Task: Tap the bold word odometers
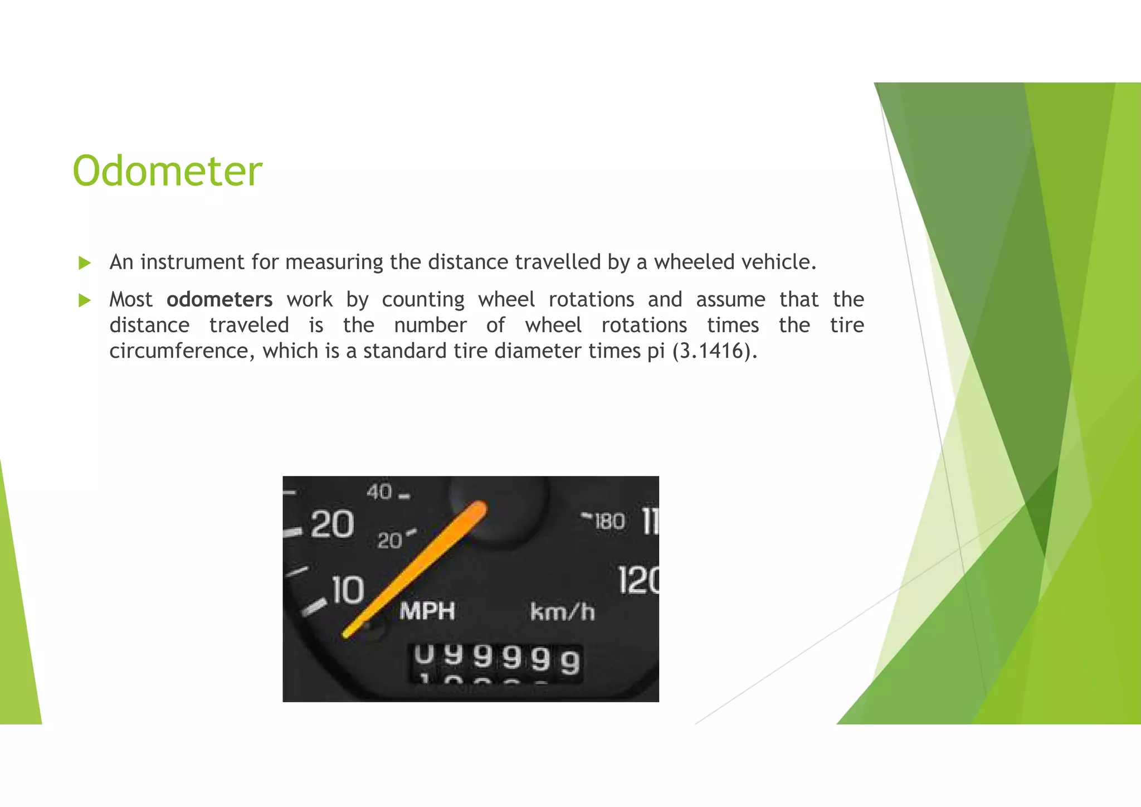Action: point(220,300)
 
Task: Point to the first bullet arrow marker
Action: point(85,262)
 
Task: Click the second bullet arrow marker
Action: point(85,300)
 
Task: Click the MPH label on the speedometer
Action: point(427,611)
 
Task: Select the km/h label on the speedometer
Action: point(562,612)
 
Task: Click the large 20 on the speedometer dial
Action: point(331,524)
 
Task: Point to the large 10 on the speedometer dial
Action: point(348,590)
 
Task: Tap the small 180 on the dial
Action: point(609,522)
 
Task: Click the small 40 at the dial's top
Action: point(379,492)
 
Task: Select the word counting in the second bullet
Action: point(423,300)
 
